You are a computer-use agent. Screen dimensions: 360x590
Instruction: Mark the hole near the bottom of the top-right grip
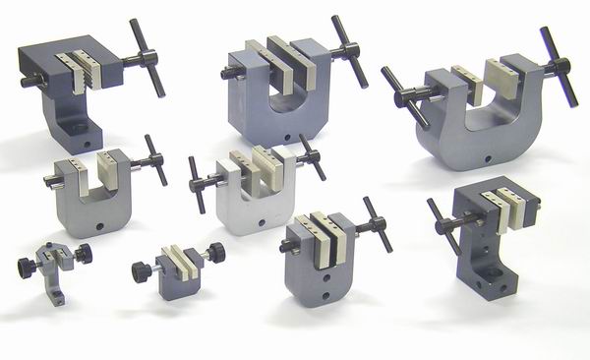(x=489, y=156)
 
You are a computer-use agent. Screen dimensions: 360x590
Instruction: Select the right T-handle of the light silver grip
(x=311, y=158)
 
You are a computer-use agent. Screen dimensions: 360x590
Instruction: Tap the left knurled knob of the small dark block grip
(x=143, y=270)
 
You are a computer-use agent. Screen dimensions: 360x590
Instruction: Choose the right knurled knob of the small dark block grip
(x=215, y=254)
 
